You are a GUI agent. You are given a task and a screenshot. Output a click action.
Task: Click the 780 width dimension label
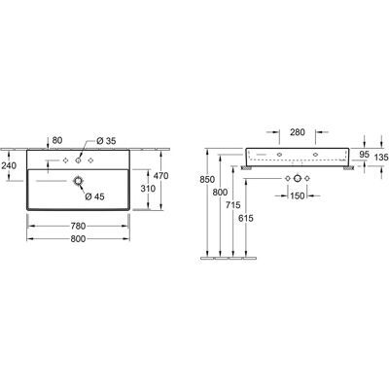click(x=78, y=226)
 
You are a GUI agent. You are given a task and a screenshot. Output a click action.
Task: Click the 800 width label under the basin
click(x=78, y=239)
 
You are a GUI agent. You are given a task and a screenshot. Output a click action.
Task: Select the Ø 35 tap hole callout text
click(x=106, y=141)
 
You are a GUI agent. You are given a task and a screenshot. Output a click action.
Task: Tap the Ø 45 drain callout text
click(x=94, y=196)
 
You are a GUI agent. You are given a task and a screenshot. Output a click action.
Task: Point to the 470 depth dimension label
click(x=161, y=176)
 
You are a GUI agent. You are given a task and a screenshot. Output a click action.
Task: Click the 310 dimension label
click(x=148, y=189)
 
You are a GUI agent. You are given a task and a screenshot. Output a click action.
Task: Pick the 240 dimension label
click(x=9, y=166)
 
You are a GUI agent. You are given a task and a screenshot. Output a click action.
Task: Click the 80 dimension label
click(x=57, y=140)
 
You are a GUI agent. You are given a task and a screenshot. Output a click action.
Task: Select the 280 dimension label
click(x=298, y=132)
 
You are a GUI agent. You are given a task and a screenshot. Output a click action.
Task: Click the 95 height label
click(x=365, y=155)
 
